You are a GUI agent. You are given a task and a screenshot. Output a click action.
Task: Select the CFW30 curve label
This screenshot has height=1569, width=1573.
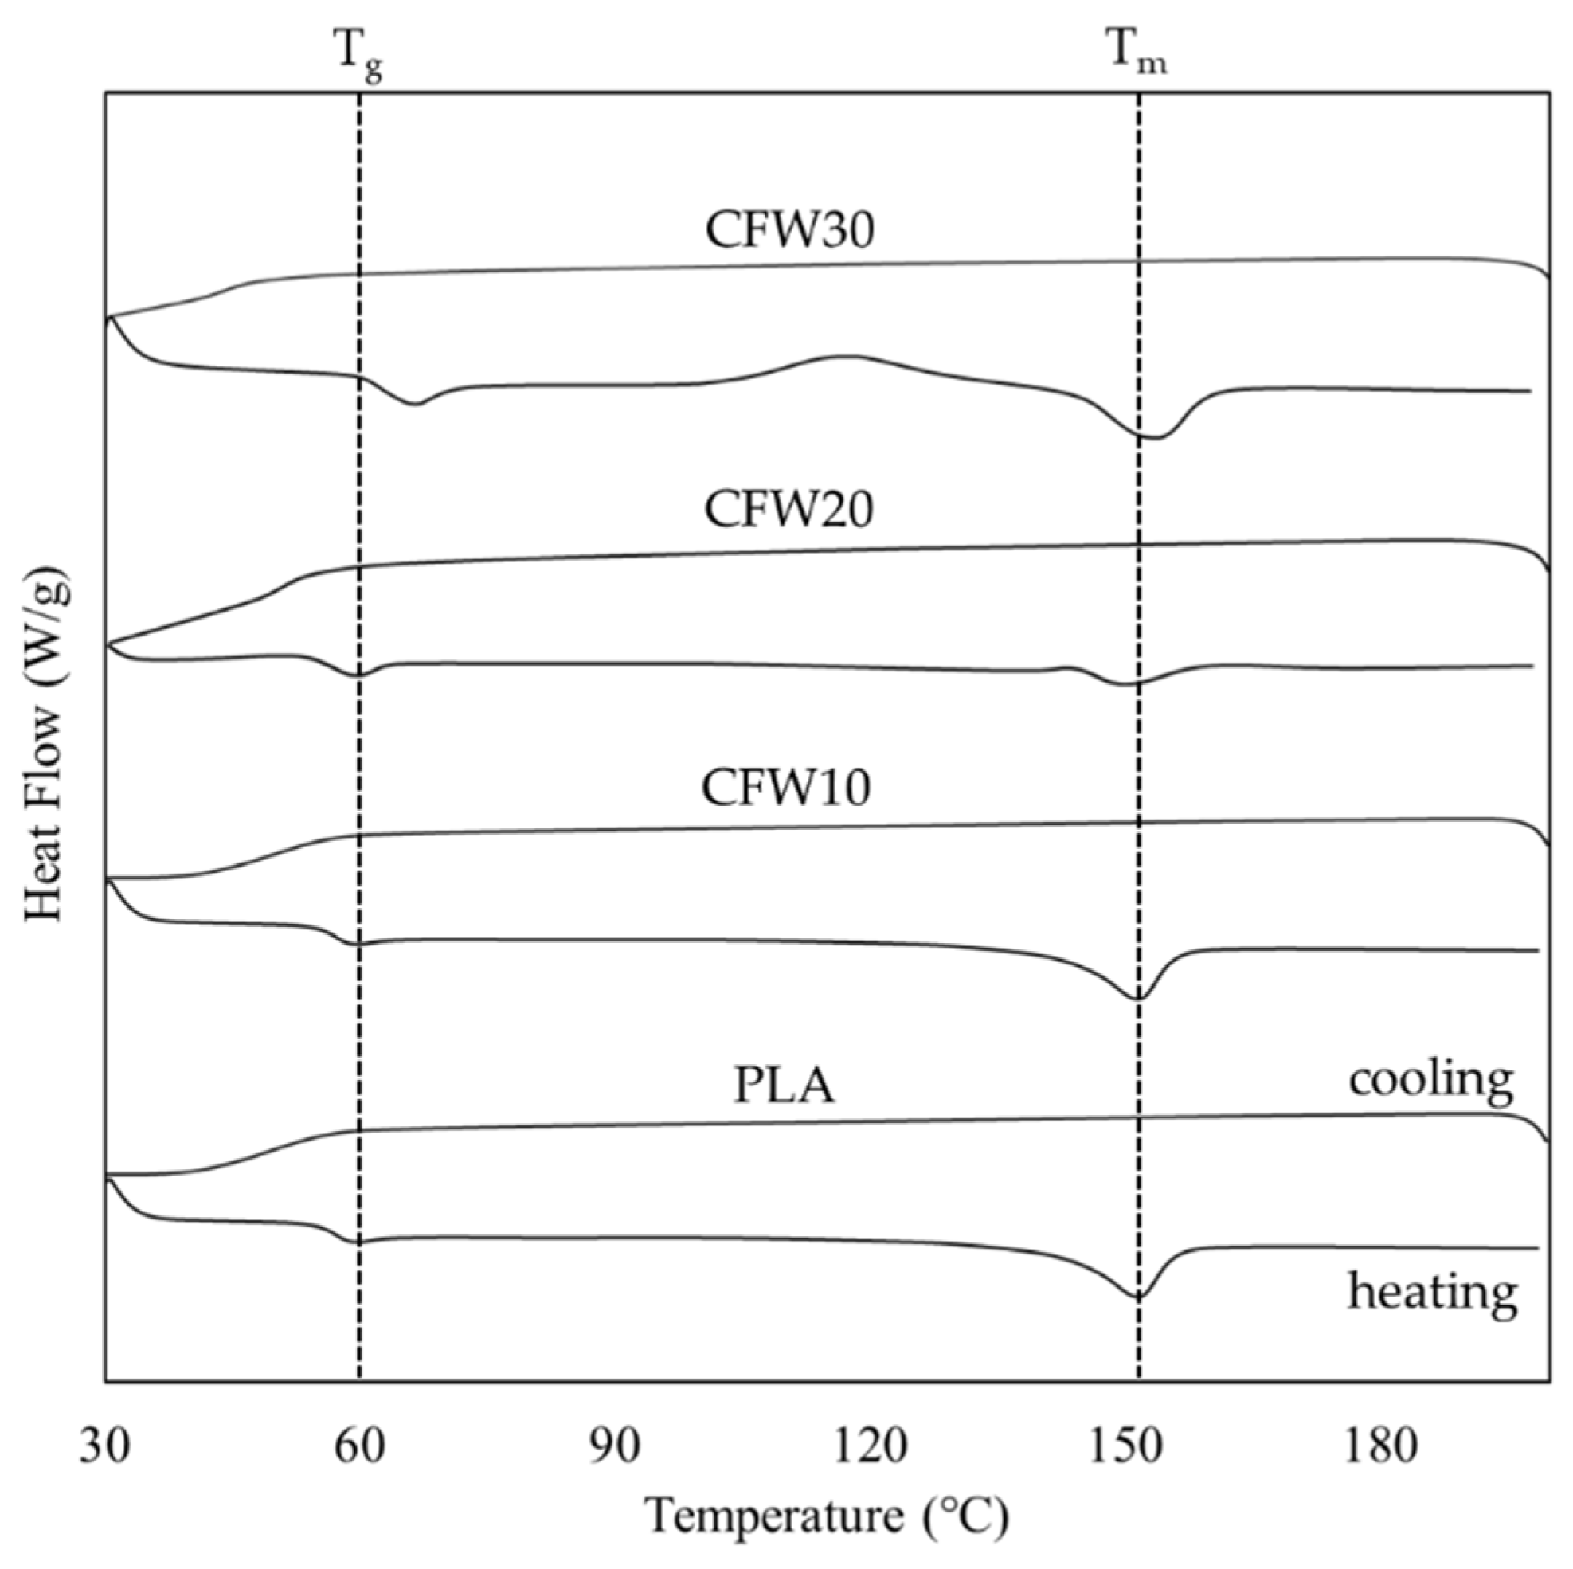789,230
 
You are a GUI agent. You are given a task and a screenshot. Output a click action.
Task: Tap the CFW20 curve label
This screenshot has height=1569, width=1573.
788,511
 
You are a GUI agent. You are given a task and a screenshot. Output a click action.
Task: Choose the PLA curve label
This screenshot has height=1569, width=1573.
783,1086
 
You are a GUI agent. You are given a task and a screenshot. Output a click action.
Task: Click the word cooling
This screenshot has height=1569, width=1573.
1430,1080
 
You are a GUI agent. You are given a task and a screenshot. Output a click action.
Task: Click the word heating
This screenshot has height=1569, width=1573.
1432,1292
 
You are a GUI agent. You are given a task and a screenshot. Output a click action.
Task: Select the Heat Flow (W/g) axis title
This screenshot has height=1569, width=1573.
45,745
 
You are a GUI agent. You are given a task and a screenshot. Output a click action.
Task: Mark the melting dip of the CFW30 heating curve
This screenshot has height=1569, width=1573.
1149,437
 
